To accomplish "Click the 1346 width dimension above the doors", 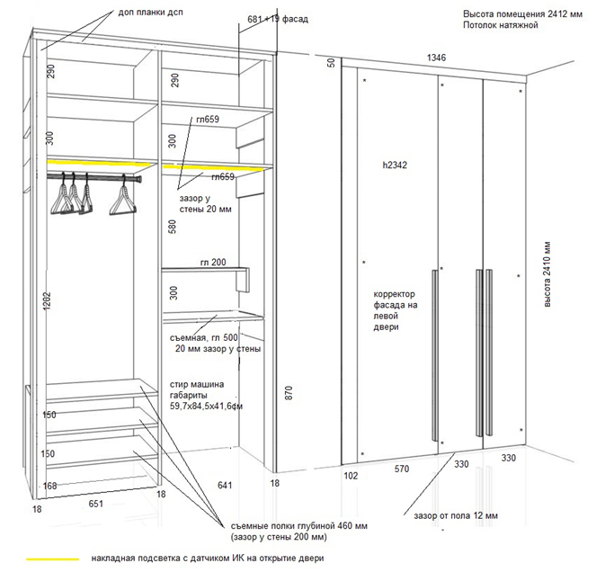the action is coord(436,58).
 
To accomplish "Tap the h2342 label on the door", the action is coord(395,165).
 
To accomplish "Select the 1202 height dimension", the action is coord(47,301).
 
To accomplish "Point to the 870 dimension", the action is coord(289,392).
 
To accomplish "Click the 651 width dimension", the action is coord(96,504).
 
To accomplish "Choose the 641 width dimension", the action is coord(225,485).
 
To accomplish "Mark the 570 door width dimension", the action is coord(402,469).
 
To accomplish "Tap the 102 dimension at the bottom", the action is coord(351,476).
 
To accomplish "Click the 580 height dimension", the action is coord(173,227).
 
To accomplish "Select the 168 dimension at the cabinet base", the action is coord(49,486).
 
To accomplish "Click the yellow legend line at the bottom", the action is coord(53,559).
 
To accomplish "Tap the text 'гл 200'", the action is coord(213,263).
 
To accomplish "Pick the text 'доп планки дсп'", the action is coord(150,13).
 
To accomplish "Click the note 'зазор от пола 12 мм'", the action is coord(456,516).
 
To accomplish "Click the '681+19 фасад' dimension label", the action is coord(278,19).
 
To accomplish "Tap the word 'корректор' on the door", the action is coord(394,294).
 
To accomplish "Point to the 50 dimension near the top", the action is coord(332,63).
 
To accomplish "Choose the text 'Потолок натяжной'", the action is coord(500,25).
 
